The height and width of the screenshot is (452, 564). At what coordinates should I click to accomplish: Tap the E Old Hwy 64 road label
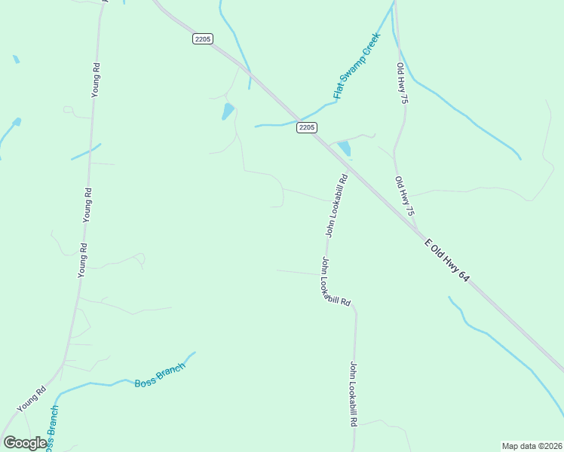(447, 261)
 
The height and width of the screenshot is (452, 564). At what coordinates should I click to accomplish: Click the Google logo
(24, 443)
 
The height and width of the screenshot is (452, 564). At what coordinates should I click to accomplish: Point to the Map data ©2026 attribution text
(531, 445)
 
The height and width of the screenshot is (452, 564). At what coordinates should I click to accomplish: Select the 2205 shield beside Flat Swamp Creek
(306, 127)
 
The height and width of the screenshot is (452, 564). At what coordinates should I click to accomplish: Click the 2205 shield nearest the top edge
(202, 39)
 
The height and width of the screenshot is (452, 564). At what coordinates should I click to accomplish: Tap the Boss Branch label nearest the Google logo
(51, 429)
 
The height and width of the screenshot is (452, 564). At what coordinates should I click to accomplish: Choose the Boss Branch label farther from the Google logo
(160, 377)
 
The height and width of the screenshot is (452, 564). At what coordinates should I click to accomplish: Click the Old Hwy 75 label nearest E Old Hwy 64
(405, 197)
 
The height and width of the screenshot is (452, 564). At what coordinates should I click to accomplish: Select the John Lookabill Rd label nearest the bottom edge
(352, 395)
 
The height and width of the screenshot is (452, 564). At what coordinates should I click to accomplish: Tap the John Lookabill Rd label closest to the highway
(336, 206)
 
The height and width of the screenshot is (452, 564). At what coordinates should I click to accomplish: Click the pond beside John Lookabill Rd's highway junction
(345, 148)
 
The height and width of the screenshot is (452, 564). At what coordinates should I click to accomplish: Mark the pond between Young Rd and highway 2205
(228, 112)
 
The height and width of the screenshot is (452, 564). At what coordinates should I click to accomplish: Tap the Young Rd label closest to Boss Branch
(32, 399)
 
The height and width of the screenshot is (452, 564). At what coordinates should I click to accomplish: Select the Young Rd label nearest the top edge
(97, 78)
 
